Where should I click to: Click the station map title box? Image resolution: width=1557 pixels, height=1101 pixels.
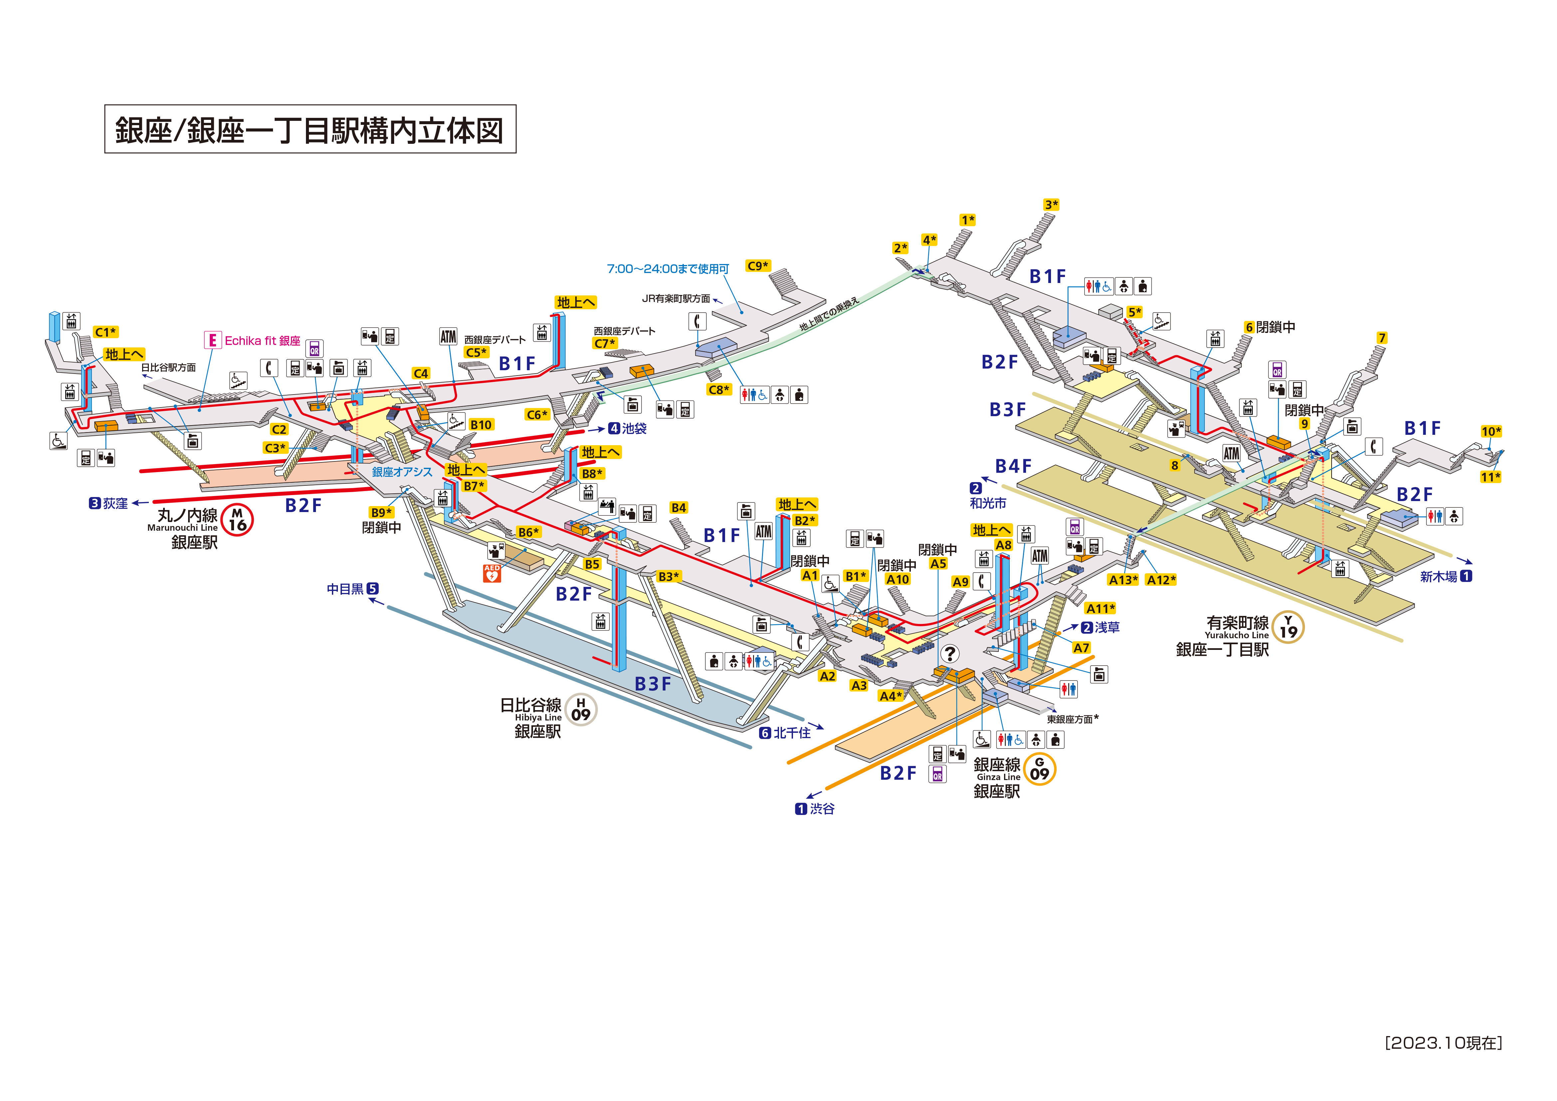pyautogui.click(x=310, y=129)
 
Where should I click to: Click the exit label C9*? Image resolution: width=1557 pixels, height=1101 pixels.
pyautogui.click(x=757, y=266)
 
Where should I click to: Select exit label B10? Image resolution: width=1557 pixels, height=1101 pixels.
pyautogui.click(x=481, y=425)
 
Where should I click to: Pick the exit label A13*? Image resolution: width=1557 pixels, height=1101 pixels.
pyautogui.click(x=1123, y=580)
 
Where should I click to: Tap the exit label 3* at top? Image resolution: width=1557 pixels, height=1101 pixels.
pyautogui.click(x=1051, y=205)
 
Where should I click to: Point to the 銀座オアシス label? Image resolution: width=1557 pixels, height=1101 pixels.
pyautogui.click(x=401, y=472)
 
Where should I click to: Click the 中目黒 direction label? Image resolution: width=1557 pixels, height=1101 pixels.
pyautogui.click(x=353, y=589)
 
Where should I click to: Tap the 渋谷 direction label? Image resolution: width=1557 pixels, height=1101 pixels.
pyautogui.click(x=815, y=809)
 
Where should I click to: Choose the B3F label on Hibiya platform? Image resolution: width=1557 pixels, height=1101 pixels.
pyautogui.click(x=652, y=684)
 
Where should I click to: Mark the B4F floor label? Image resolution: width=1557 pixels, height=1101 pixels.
pyautogui.click(x=1013, y=466)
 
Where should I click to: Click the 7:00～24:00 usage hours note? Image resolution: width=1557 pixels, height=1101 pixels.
pyautogui.click(x=668, y=269)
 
